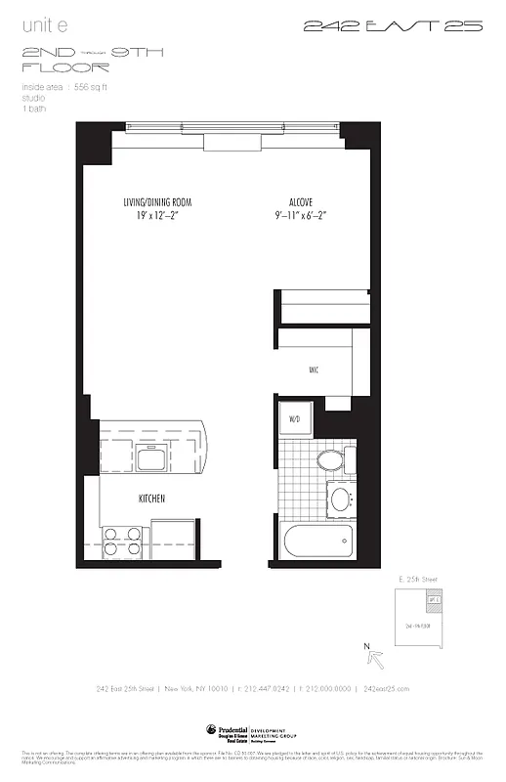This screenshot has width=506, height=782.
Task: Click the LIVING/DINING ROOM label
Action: point(156,202)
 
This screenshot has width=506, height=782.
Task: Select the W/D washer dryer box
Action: point(293,419)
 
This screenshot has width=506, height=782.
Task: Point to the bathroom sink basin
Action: point(341,500)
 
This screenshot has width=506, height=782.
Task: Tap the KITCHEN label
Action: point(150,499)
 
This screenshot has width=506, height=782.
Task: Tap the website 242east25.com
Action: point(386,688)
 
